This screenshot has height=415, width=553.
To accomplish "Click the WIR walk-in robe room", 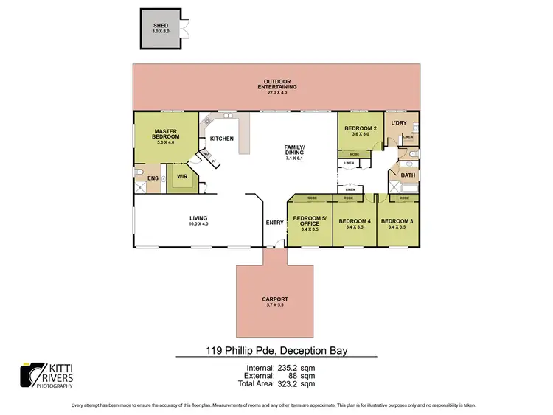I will (x=181, y=177).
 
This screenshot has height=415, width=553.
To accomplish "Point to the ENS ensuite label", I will (x=153, y=178).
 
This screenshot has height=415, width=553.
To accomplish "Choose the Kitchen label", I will (x=222, y=139).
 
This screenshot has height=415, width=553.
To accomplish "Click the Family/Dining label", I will (x=294, y=151).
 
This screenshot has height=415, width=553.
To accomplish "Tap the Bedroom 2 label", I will (x=361, y=130).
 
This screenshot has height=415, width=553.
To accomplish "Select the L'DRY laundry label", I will (x=399, y=123).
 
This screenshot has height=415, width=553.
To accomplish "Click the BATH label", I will (x=408, y=175).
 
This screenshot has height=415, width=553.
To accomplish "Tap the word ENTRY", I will (x=274, y=222).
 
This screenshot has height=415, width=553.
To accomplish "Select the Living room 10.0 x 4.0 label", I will (x=198, y=220).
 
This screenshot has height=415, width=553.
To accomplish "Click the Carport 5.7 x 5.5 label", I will (x=274, y=301).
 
